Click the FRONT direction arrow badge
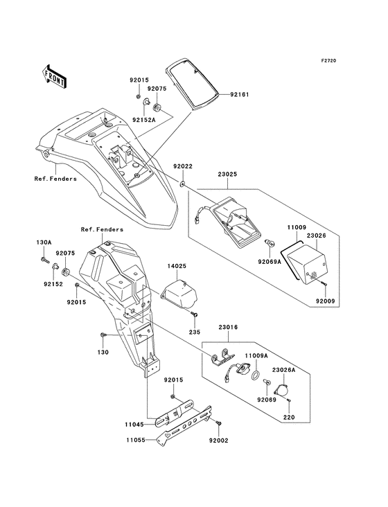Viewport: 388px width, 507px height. pyautogui.click(x=55, y=75)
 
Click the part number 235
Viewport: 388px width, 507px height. pyautogui.click(x=195, y=332)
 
